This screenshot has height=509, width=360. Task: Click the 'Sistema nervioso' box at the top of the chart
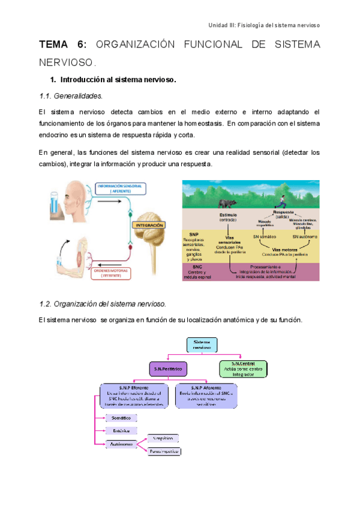coord(202,345)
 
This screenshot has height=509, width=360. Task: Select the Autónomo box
coord(121,445)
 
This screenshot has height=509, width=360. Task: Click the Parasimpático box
coord(164,451)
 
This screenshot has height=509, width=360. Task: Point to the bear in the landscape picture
coord(226,204)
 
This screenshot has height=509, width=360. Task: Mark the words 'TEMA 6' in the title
coord(63,44)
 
